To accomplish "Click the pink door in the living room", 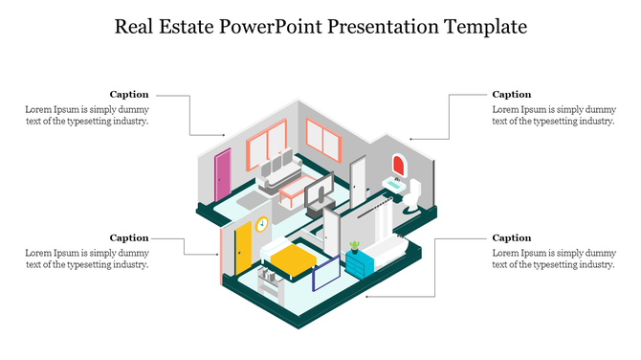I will pyautogui.click(x=223, y=173).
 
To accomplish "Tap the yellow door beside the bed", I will pyautogui.click(x=243, y=245).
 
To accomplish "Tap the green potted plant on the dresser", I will pyautogui.click(x=354, y=245).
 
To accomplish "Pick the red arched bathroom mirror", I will pyautogui.click(x=399, y=165).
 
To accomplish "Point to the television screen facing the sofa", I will pyautogui.click(x=320, y=191).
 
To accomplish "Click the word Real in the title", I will pyautogui.click(x=137, y=26).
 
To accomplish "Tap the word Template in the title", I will pyautogui.click(x=486, y=26).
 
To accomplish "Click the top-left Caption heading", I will pyautogui.click(x=129, y=94).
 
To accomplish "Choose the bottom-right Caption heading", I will pyautogui.click(x=511, y=237).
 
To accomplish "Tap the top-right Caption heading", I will pyautogui.click(x=511, y=94).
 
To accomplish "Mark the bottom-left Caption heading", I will pyautogui.click(x=129, y=237).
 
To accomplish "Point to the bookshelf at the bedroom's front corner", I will pyautogui.click(x=271, y=282).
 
